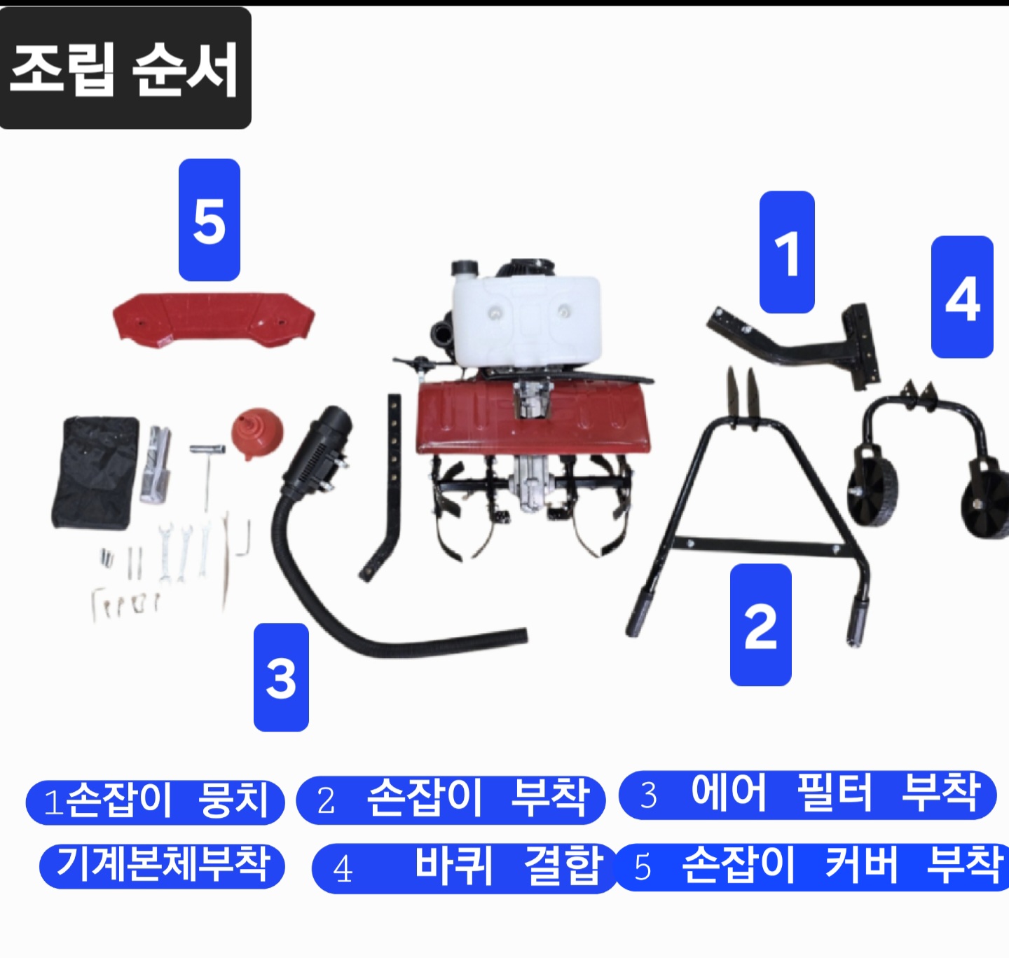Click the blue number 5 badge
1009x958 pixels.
[x=210, y=220]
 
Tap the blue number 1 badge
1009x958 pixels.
[x=787, y=252]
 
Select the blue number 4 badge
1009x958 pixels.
[x=962, y=296]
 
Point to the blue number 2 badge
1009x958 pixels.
[x=760, y=625]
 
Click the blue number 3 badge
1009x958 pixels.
[x=281, y=677]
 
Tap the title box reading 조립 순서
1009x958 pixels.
[x=125, y=68]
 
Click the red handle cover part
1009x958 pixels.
[x=214, y=320]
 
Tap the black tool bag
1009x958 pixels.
[x=96, y=472]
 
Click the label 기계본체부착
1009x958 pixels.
[x=162, y=863]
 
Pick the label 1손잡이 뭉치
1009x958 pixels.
[x=155, y=802]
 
